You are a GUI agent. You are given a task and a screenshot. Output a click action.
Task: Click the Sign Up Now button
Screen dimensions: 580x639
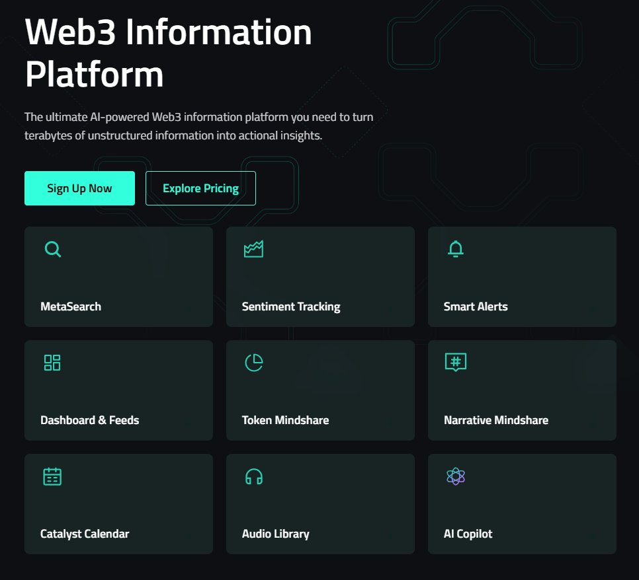coord(79,188)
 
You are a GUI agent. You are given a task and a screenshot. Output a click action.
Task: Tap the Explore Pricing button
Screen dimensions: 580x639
coord(200,188)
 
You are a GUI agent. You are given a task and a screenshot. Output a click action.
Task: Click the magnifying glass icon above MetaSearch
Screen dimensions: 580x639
coord(52,249)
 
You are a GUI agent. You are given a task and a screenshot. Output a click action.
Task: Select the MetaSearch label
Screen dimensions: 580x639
coord(71,307)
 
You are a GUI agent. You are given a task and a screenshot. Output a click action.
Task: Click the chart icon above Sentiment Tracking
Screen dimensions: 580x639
coord(254,249)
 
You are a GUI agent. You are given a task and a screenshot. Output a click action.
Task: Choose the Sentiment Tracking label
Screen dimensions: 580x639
coord(291,307)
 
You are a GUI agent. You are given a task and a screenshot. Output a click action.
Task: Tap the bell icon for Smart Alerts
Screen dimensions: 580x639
coord(456,248)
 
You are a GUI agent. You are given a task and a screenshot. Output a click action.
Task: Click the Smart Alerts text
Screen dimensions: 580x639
coord(476,307)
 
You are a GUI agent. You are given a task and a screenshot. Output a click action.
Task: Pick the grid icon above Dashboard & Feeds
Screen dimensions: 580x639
coord(52,363)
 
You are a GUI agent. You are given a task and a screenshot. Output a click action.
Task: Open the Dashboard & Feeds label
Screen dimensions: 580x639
coord(90,420)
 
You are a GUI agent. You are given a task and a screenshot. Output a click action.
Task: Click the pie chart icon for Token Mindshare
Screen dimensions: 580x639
coord(254,363)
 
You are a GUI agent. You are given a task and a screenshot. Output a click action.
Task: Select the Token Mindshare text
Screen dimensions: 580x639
coord(285,420)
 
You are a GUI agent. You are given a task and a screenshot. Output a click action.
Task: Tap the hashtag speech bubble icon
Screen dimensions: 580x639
coord(456,363)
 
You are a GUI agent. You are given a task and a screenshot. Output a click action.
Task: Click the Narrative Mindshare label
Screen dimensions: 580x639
coord(496,420)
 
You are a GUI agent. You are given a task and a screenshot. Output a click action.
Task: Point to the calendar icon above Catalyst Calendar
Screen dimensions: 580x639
coord(52,476)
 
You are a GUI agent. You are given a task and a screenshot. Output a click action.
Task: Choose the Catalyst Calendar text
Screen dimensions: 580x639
coord(85,534)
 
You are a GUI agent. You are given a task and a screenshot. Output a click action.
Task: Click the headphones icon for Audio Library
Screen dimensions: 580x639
coord(254,476)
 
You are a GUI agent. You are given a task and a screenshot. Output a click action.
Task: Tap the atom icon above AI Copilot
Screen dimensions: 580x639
coord(456,476)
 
